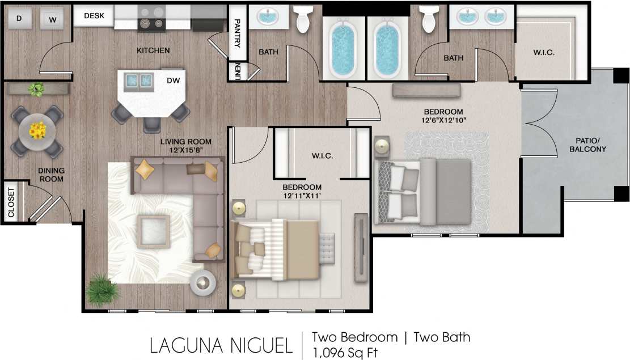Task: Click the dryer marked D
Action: [x=19, y=18]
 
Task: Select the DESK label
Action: [x=94, y=16]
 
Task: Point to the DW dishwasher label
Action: [x=173, y=81]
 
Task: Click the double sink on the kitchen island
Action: [x=139, y=81]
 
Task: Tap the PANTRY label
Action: [x=238, y=33]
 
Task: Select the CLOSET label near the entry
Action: [x=11, y=202]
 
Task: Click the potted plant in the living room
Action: [x=103, y=290]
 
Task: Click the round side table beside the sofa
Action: [x=202, y=282]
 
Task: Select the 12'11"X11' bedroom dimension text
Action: [x=302, y=196]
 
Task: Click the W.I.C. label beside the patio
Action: [x=544, y=53]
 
